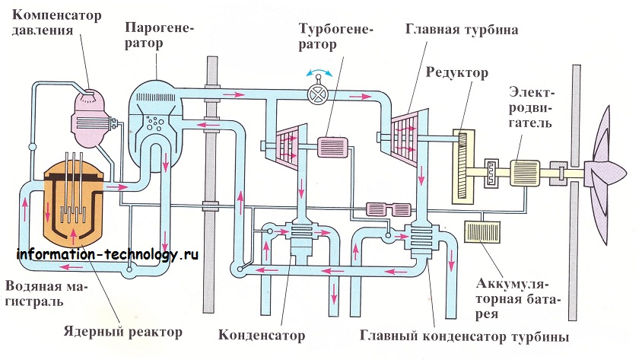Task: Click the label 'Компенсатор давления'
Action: (x=56, y=23)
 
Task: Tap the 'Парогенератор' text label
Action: (x=159, y=35)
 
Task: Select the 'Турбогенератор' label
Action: (x=335, y=37)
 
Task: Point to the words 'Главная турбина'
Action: (x=462, y=30)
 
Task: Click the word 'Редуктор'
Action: (x=457, y=72)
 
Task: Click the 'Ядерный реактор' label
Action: (x=122, y=331)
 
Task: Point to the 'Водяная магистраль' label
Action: (x=45, y=294)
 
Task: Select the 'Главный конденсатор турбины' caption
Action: (x=464, y=336)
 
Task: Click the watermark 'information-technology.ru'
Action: (x=108, y=255)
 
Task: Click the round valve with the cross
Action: (x=318, y=94)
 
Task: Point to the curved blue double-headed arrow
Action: (x=319, y=72)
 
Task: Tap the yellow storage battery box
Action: (x=482, y=232)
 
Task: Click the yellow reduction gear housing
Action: (x=463, y=166)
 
